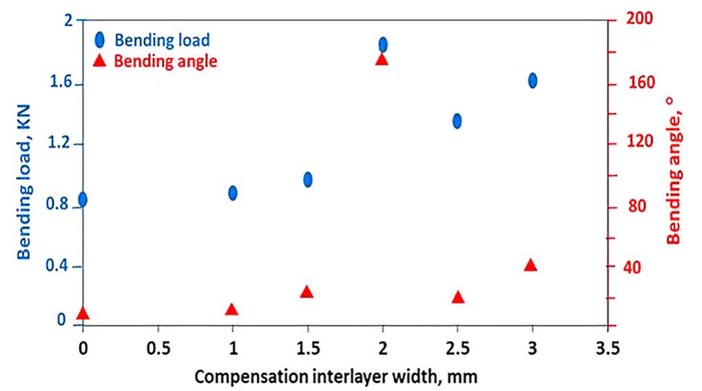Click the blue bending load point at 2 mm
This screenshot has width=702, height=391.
coord(383,45)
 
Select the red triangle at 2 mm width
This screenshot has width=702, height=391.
coord(382,60)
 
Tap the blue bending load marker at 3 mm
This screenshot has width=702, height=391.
coord(533,81)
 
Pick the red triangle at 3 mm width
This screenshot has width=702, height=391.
coord(530,265)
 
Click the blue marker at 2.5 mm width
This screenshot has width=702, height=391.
coord(457,120)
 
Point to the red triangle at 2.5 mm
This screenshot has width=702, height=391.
coord(457,297)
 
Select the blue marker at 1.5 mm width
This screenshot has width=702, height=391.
coord(308,179)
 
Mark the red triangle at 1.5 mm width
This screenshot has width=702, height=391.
coord(307,292)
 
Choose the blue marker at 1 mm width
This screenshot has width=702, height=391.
coord(233,193)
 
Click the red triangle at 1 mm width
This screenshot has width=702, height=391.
coord(232,309)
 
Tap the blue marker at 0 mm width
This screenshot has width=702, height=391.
coord(83,200)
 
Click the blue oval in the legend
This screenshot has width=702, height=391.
coord(99,39)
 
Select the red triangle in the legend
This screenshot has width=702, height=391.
coord(99,61)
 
